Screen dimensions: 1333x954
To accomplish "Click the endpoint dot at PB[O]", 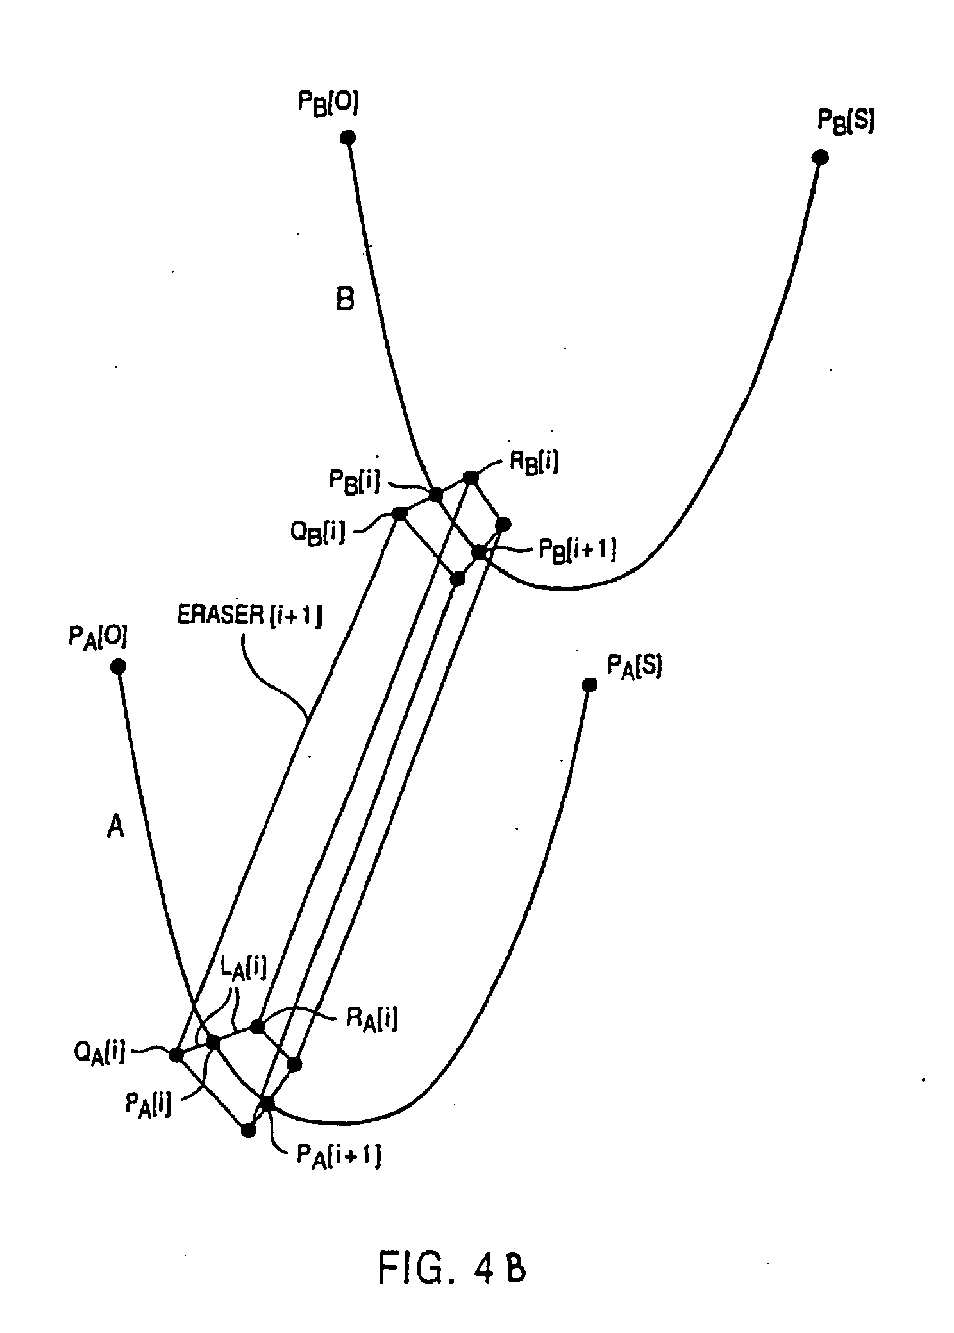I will click(x=347, y=137).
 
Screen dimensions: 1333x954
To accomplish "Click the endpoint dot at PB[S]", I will click(x=819, y=157).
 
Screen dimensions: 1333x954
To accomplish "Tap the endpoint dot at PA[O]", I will click(x=118, y=667).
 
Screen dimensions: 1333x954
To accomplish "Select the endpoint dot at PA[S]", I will click(x=589, y=685).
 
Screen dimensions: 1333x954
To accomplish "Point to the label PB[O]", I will click(x=327, y=105).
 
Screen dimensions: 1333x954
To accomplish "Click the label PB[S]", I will click(x=845, y=121).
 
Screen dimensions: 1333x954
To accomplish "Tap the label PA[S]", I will click(x=633, y=667).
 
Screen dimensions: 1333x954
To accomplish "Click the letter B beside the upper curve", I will click(x=345, y=299).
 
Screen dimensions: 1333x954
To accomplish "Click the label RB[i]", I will click(x=533, y=463).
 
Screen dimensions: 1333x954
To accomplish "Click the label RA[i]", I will click(x=372, y=1019).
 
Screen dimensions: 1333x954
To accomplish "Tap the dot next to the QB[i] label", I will click(x=399, y=514).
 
